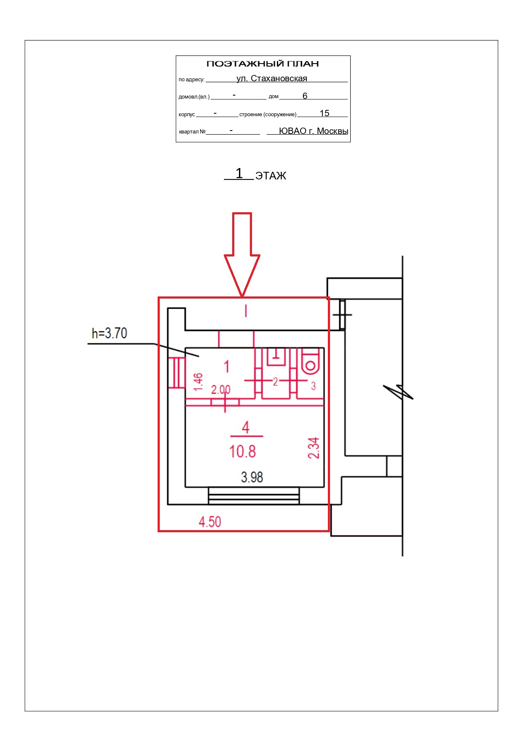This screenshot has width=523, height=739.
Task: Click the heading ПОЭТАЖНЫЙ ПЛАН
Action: coord(263,64)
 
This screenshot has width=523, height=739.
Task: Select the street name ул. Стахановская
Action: coord(272,78)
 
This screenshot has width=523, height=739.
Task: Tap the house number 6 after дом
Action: coord(305,96)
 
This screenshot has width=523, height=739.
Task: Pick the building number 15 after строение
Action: coord(325,113)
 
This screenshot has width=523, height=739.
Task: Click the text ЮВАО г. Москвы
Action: coord(314,131)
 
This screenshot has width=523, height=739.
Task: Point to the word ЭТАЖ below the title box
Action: coord(271,176)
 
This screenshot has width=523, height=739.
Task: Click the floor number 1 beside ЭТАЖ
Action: coord(239,173)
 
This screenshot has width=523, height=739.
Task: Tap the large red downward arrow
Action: coord(242,254)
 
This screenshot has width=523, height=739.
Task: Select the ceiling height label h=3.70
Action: coord(110,333)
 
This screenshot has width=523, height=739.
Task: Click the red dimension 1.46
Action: coord(198,382)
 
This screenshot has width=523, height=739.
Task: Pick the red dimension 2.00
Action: coord(221,390)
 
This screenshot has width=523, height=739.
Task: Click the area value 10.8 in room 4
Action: coord(242,451)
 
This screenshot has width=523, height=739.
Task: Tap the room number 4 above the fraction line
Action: coord(246,427)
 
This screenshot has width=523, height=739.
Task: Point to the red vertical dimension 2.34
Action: coord(314,448)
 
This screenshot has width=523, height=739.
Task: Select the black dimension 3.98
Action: coord(252,477)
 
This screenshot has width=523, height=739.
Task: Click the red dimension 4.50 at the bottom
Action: coord(210,522)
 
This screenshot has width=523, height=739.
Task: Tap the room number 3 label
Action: coord(313,386)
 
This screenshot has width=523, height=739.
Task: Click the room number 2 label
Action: coord(275,382)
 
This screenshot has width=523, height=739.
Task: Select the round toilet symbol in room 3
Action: coord(311,365)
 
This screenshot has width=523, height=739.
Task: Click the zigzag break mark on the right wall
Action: coord(399,392)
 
